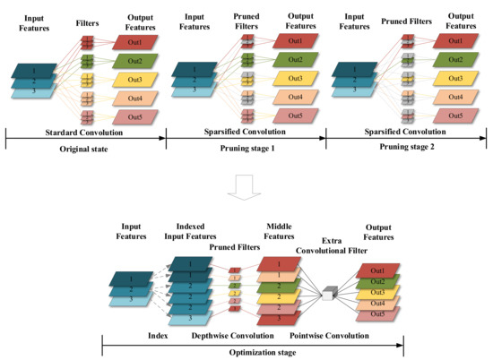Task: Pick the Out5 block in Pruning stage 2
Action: pyautogui.click(x=457, y=116)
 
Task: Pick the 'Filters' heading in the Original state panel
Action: pyautogui.click(x=88, y=18)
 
